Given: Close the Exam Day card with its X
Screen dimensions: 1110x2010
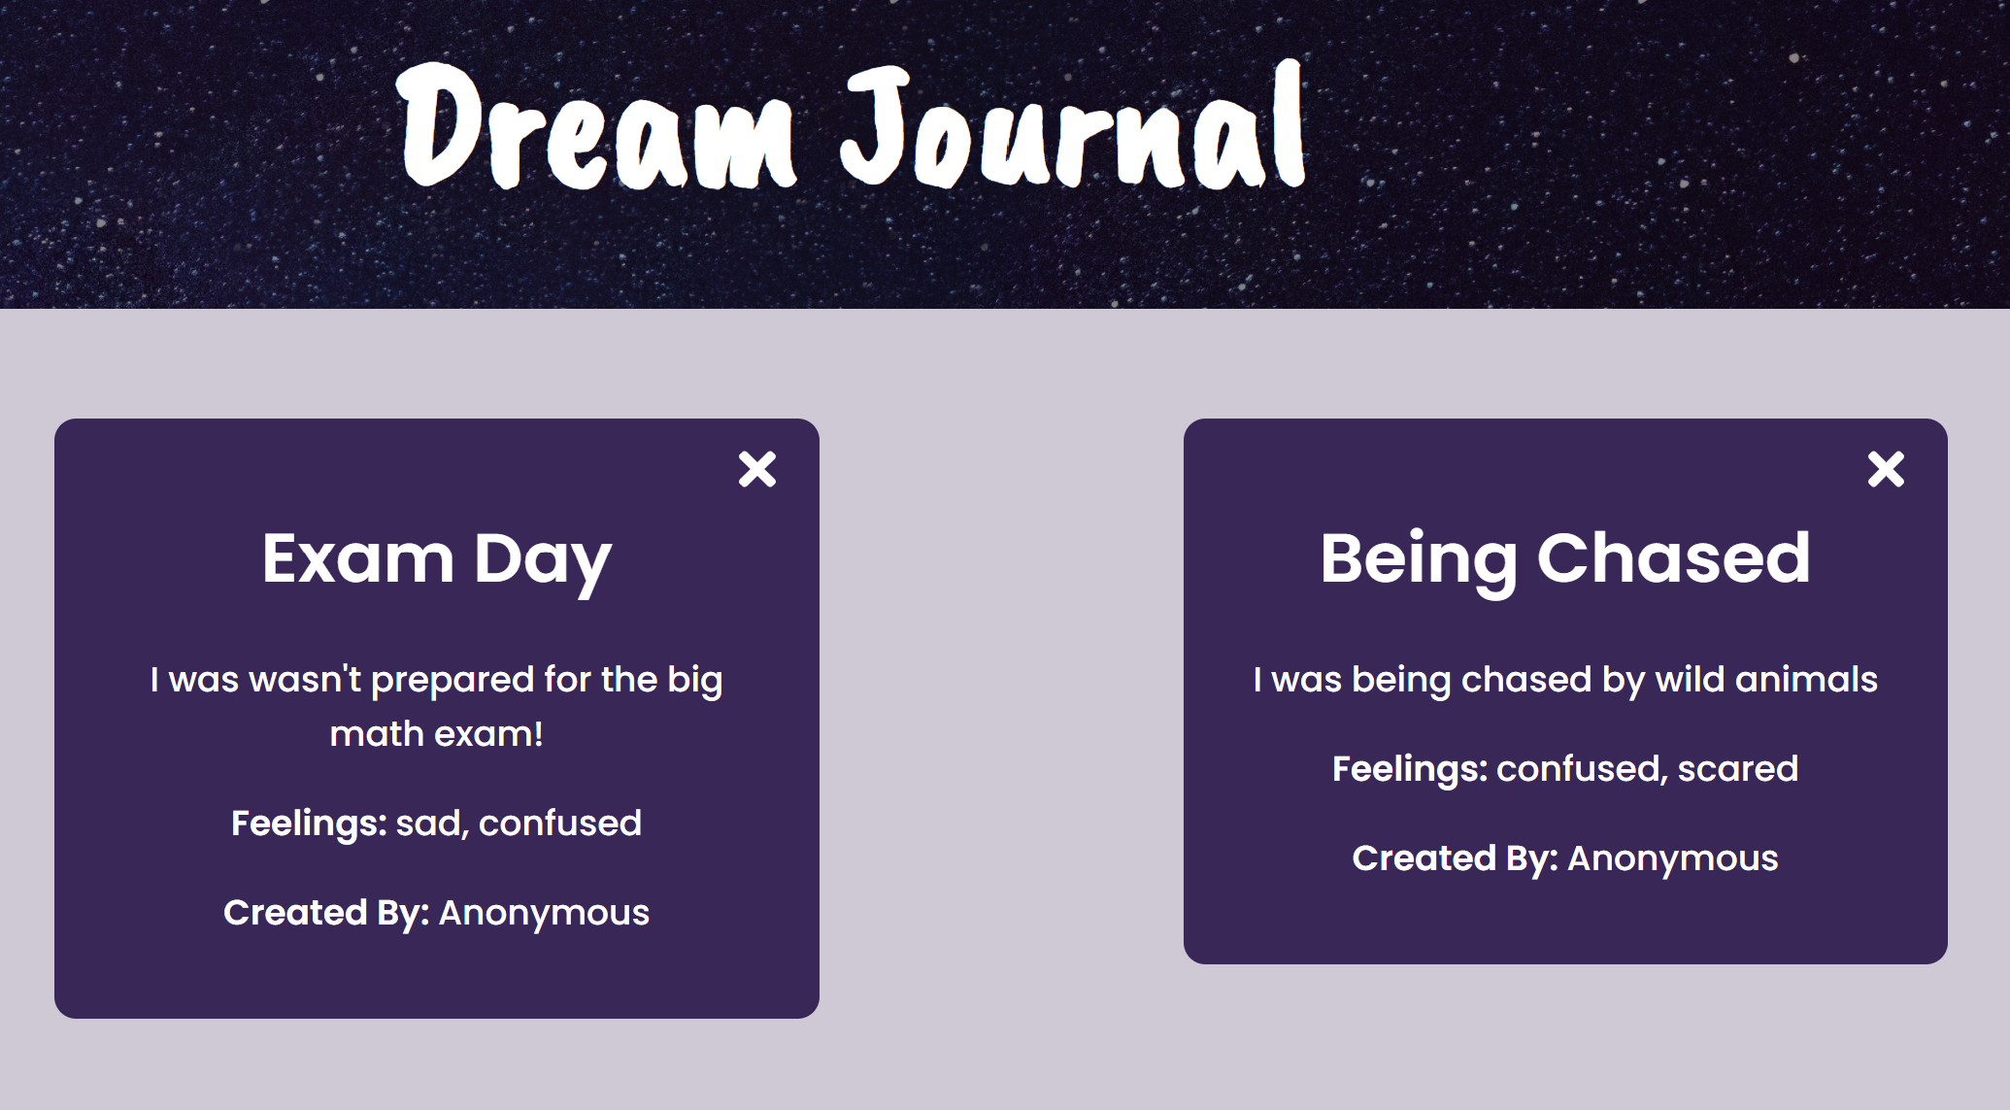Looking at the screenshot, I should [757, 469].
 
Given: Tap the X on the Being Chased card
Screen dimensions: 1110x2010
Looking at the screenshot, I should [1886, 469].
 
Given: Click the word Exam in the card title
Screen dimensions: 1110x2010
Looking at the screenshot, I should [357, 559].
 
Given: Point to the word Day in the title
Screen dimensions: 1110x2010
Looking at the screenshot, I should [542, 561].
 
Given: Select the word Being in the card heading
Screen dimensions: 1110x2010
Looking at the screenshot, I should [1418, 559].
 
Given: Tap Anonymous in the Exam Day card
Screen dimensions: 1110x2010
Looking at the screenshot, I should [544, 913].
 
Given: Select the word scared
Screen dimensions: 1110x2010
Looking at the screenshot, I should [1737, 769].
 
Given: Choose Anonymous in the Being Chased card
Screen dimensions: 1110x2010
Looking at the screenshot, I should [1672, 858].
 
